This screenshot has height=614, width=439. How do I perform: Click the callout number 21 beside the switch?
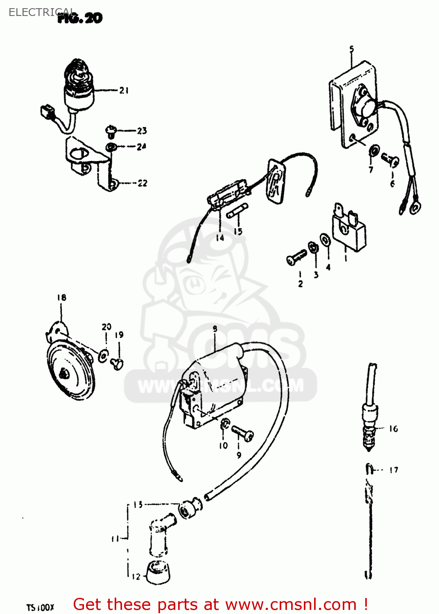[124, 90]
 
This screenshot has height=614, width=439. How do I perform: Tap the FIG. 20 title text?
[80, 18]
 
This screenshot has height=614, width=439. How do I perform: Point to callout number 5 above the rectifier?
[351, 49]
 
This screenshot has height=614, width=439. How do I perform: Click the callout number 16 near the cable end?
[393, 429]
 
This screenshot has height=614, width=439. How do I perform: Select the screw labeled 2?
[296, 257]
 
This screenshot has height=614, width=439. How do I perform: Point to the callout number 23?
[142, 131]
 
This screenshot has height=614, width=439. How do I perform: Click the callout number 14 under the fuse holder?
[220, 237]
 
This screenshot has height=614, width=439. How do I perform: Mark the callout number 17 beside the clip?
[394, 470]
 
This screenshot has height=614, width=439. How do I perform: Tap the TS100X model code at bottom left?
[40, 607]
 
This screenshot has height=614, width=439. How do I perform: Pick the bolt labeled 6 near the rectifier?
[390, 160]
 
